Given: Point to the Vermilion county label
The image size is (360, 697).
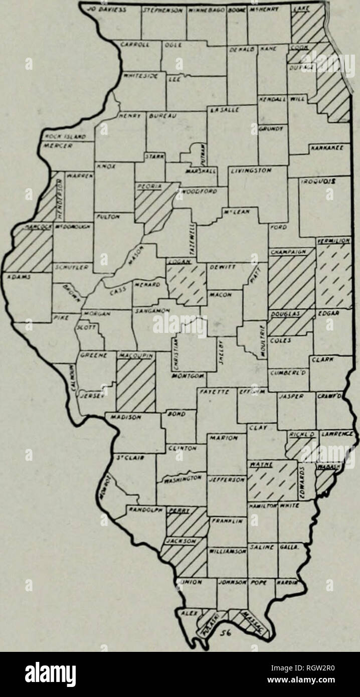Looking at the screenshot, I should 333,242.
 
